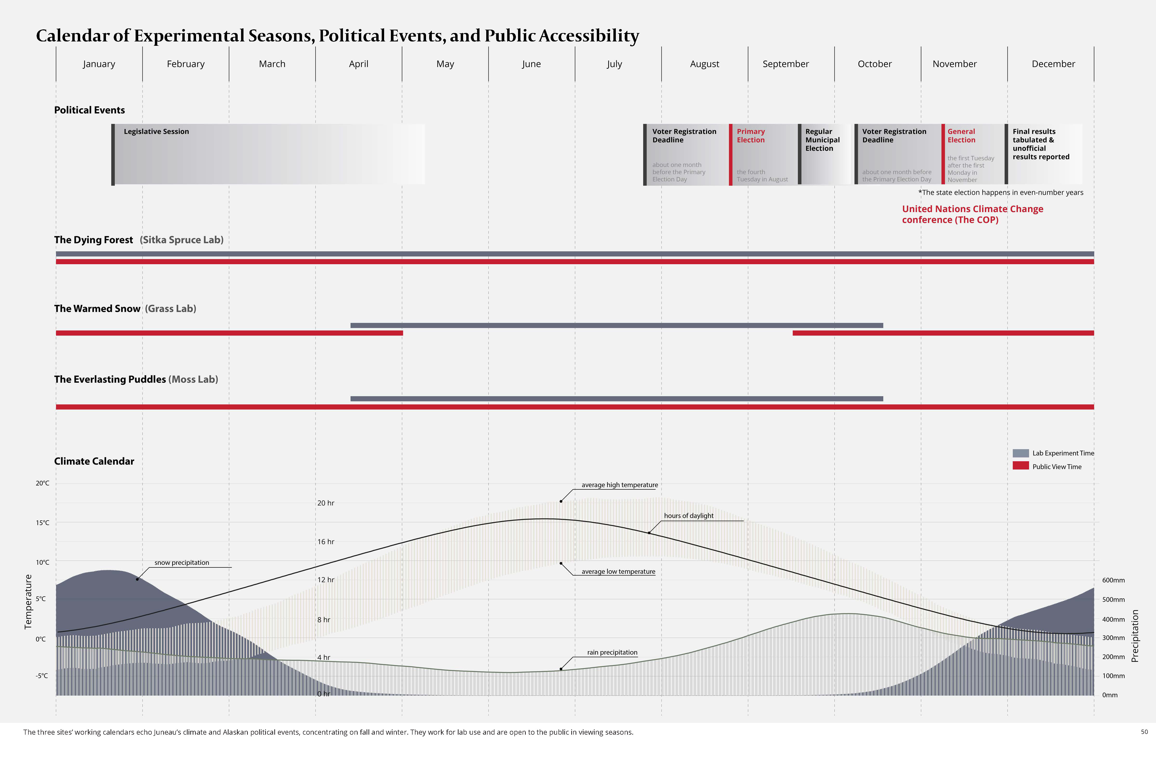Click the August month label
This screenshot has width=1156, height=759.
click(704, 64)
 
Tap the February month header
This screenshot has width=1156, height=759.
click(185, 64)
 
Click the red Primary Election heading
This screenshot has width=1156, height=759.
click(750, 136)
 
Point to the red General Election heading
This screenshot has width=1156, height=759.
click(961, 136)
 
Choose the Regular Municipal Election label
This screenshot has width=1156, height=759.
click(822, 140)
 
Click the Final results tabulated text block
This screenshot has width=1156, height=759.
click(1040, 144)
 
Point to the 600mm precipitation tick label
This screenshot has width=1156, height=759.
click(1113, 580)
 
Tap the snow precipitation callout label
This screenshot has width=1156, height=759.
click(182, 563)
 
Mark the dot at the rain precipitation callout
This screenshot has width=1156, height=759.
click(561, 669)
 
